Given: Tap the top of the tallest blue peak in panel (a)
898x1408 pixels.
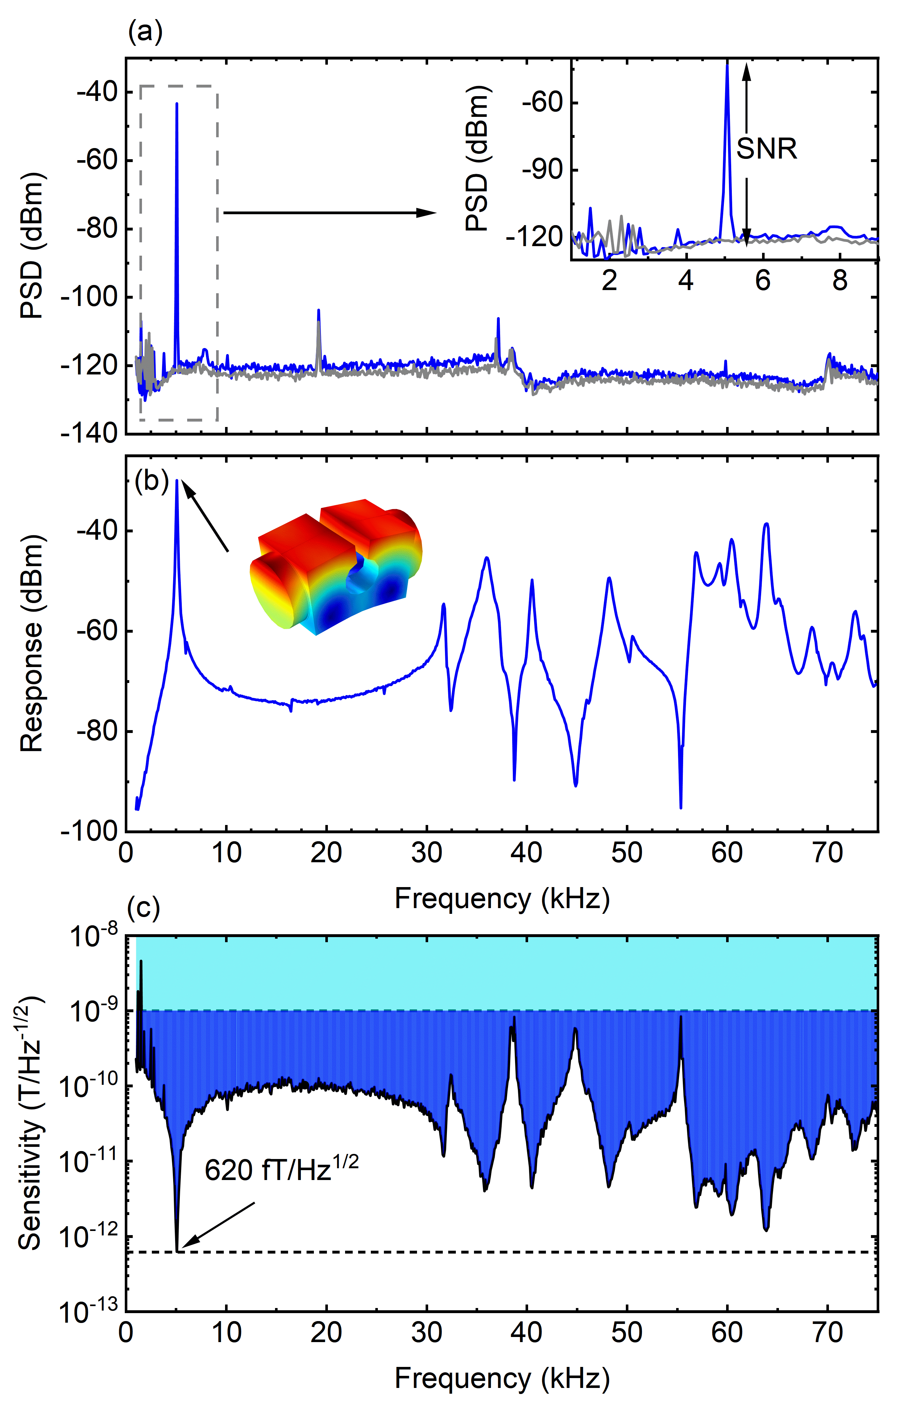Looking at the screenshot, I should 177,104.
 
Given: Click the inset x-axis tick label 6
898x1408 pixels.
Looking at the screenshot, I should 762,281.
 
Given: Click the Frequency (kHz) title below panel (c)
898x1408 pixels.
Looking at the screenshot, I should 502,1378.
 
